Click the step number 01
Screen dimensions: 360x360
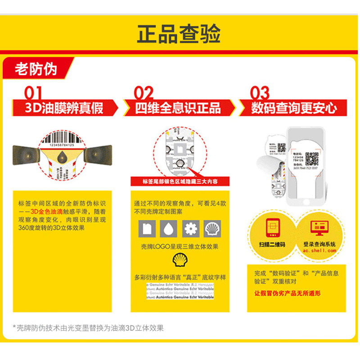(34, 93)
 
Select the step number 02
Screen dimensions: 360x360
(144, 93)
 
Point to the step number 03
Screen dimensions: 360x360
(260, 93)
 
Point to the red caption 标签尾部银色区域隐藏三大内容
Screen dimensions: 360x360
(180, 182)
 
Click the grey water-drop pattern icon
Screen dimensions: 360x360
(168, 229)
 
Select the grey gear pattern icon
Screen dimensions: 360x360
(191, 229)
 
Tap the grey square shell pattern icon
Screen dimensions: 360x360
(212, 229)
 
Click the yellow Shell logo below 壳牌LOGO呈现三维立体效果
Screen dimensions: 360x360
(180, 260)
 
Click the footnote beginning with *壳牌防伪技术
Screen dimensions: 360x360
(88, 328)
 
